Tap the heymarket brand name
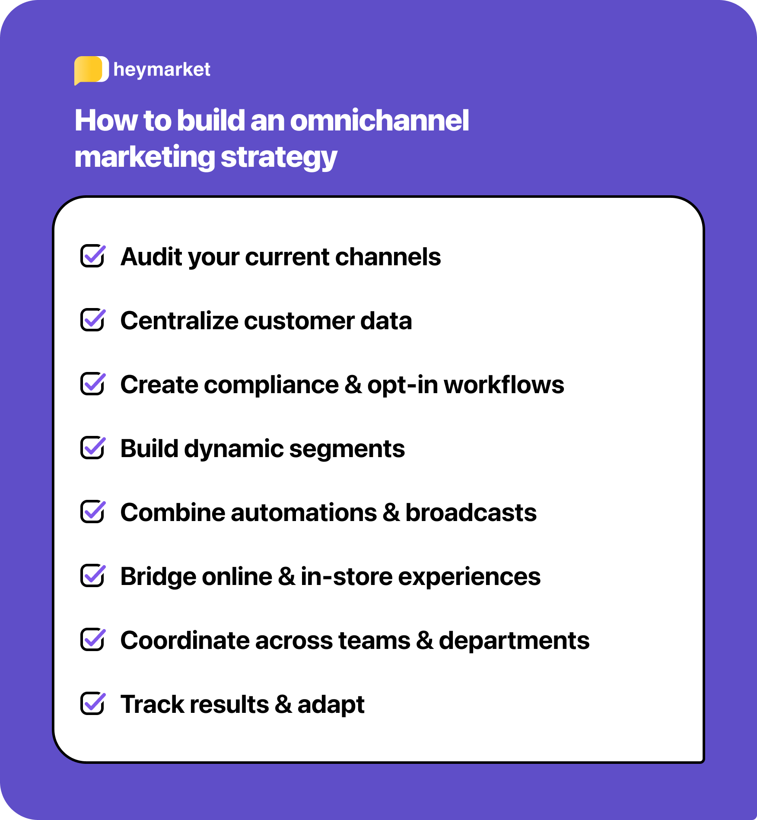pyautogui.click(x=162, y=70)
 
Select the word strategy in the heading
pyautogui.click(x=279, y=157)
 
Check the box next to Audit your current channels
pyautogui.click(x=92, y=256)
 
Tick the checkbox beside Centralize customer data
pyautogui.click(x=92, y=320)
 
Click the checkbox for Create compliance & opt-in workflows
pyautogui.click(x=92, y=384)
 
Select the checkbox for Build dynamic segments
pyautogui.click(x=92, y=448)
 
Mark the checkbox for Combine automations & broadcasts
pyautogui.click(x=92, y=512)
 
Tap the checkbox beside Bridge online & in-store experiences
pyautogui.click(x=92, y=575)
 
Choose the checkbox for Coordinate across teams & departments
pyautogui.click(x=92, y=639)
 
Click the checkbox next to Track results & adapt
pyautogui.click(x=92, y=703)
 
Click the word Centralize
pyautogui.click(x=179, y=321)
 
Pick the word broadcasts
pyautogui.click(x=471, y=512)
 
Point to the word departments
pyautogui.click(x=514, y=640)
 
